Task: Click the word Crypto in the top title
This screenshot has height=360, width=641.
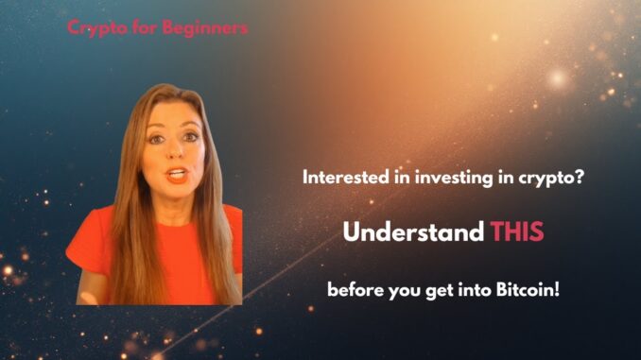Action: [x=91, y=27]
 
